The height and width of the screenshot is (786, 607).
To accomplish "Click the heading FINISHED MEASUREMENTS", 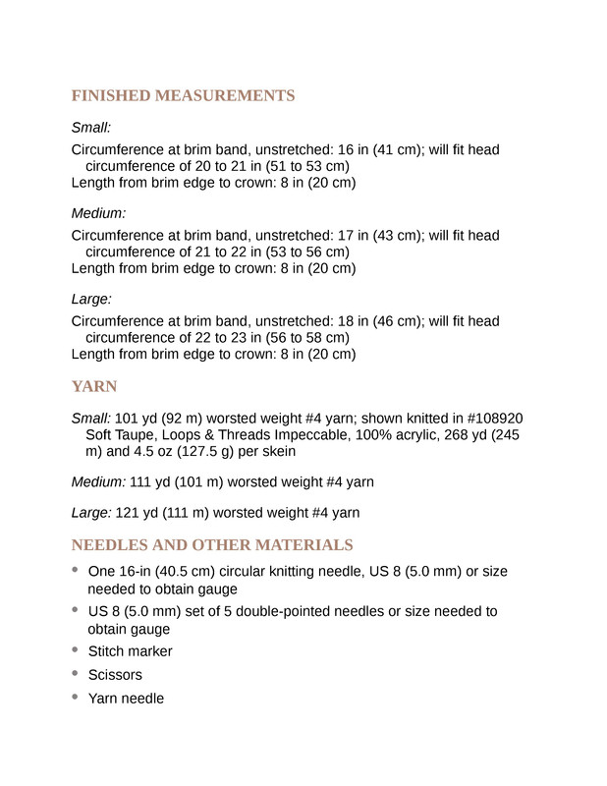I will point(183,95).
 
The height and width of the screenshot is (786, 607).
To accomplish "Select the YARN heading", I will point(95,386).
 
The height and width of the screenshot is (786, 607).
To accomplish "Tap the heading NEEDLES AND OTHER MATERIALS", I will point(212,544).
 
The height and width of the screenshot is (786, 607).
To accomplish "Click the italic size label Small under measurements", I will point(91,128).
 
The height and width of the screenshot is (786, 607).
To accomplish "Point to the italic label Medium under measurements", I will point(98,213).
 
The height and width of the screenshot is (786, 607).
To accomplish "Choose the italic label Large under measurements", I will point(92,298).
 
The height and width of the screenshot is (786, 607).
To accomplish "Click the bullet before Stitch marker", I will point(77,649).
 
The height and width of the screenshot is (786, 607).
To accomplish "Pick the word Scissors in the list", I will point(115,675).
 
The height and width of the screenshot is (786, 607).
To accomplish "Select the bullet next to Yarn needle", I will point(77,697).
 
